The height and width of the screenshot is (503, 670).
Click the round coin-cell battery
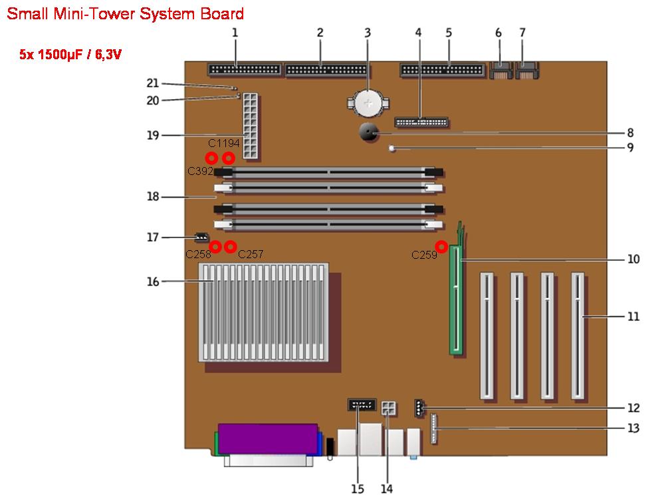coord(368,102)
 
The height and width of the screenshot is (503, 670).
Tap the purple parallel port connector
coord(268,439)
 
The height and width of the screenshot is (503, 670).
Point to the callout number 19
coord(153,135)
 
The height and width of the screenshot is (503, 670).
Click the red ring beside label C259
coord(441,247)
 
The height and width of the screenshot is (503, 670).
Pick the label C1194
coord(223,143)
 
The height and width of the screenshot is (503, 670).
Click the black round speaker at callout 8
coord(369,132)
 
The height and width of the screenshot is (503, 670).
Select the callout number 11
coord(633,317)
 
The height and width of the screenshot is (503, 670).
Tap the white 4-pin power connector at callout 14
coord(388,409)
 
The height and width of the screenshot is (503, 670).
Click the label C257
coord(251,254)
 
